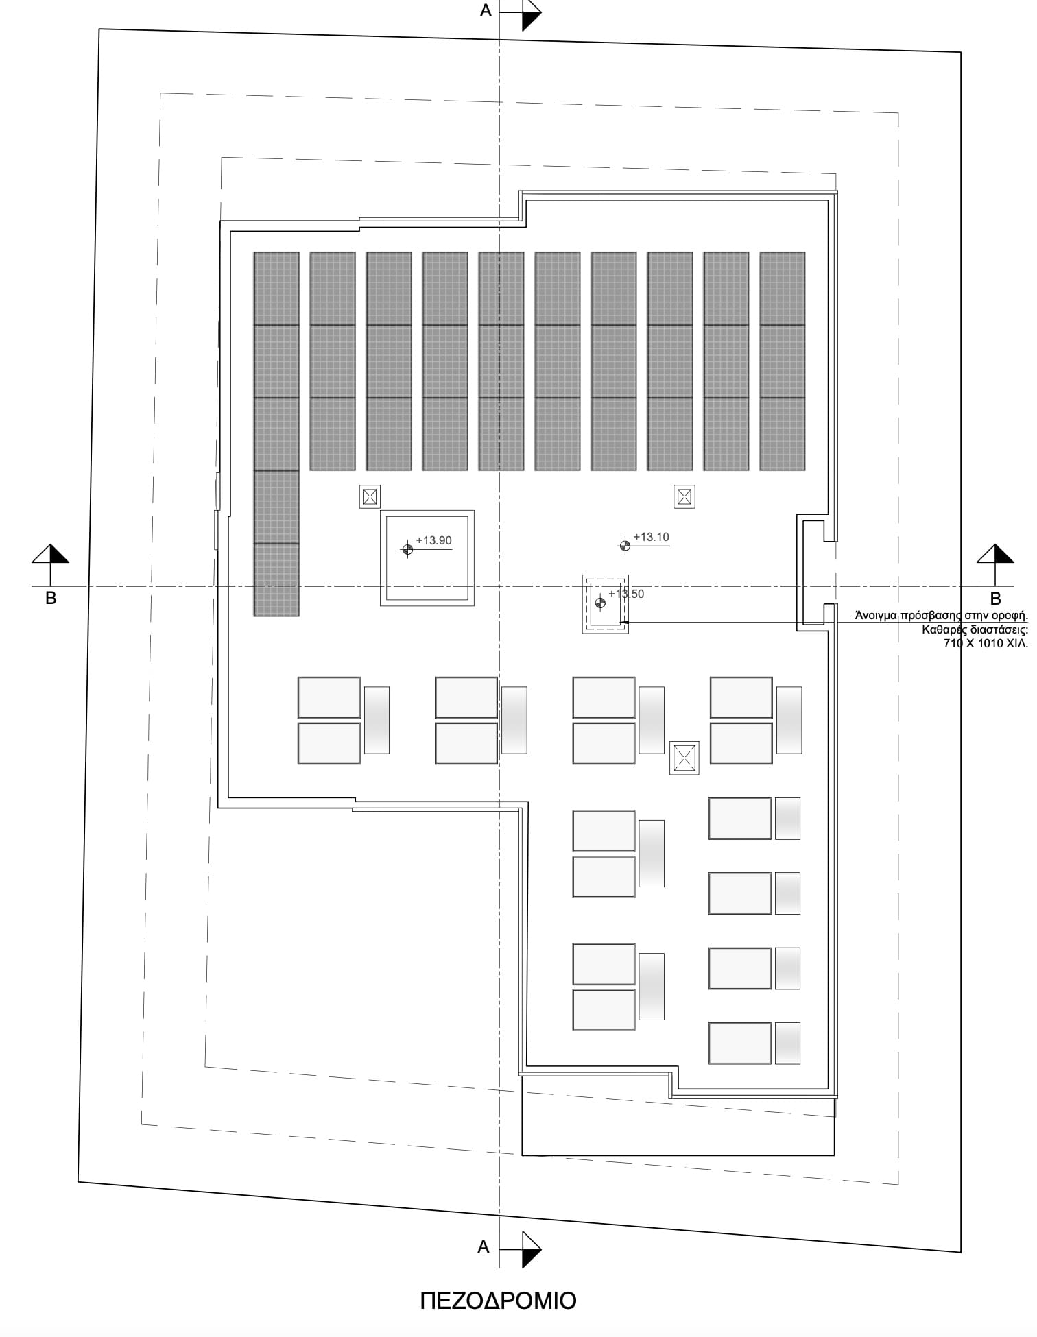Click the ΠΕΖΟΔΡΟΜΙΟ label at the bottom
pos(498,1301)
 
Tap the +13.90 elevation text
pos(433,540)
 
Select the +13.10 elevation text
pos(651,537)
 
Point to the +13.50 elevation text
pos(626,594)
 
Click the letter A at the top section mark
pos(486,11)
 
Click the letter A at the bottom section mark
pos(484,1246)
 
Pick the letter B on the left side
pos(51,598)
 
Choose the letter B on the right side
pos(996,599)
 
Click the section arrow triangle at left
pos(51,554)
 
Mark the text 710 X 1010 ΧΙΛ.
pos(986,643)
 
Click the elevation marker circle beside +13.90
pos(407,549)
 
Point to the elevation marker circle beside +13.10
pos(625,546)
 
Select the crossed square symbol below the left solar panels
pos(370,496)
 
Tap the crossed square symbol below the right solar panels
pos(684,496)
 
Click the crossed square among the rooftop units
pos(684,758)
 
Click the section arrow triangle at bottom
pos(532,1249)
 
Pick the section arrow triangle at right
pos(995,554)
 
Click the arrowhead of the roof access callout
pos(624,623)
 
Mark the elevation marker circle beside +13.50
pos(600,603)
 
